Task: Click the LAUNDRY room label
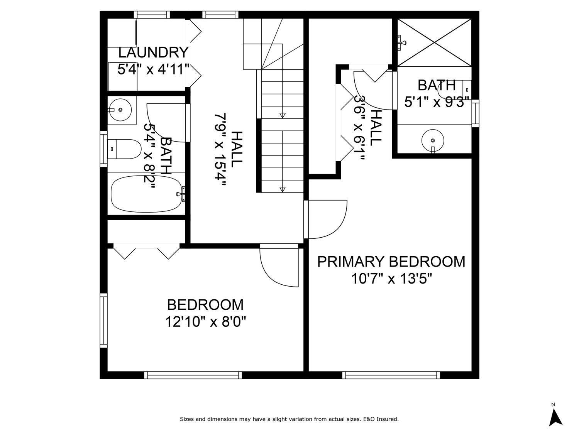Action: [153, 52]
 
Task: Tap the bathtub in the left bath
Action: [146, 194]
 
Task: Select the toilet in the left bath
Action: [124, 149]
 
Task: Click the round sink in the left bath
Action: [120, 110]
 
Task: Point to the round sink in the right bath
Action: [433, 140]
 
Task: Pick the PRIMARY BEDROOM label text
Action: [391, 262]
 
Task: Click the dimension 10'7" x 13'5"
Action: [391, 278]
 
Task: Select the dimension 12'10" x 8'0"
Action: [205, 321]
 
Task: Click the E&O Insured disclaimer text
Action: [289, 419]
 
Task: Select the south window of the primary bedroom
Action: [391, 375]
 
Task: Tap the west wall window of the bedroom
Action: [103, 320]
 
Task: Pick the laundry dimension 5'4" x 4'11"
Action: [153, 70]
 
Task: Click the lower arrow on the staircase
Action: [282, 189]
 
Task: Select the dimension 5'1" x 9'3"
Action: [437, 103]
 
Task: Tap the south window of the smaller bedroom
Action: [193, 375]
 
